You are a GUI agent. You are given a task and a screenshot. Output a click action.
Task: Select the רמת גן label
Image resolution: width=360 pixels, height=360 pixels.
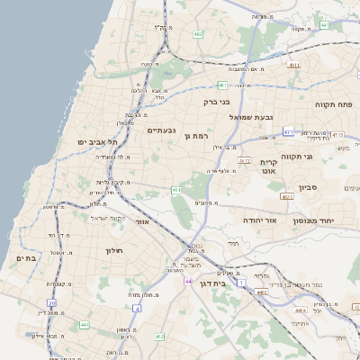coord(195,136)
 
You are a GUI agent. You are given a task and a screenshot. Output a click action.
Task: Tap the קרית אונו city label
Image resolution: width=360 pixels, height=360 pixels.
coord(268,166)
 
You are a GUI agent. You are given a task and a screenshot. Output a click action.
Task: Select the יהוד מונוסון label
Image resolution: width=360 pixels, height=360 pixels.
coord(313,220)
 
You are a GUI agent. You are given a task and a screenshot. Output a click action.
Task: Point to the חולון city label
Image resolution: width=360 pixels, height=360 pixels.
coord(113,250)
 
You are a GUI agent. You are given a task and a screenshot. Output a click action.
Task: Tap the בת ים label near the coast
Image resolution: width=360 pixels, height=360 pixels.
coord(27,258)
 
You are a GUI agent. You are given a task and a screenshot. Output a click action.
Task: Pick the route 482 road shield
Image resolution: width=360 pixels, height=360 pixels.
coord(197,34)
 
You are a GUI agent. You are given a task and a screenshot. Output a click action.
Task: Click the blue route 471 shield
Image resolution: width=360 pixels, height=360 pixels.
coord(289,131)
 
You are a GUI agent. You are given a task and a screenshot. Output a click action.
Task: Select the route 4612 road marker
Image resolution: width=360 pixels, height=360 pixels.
coord(244,160)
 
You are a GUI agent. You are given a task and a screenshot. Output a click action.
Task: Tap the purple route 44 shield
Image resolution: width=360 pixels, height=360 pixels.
coord(188,282)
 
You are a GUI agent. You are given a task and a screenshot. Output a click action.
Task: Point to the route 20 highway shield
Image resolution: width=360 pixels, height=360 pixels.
coord(52,304)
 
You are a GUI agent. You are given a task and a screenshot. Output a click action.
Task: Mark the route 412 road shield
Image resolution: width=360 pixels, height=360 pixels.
coord(159,337)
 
